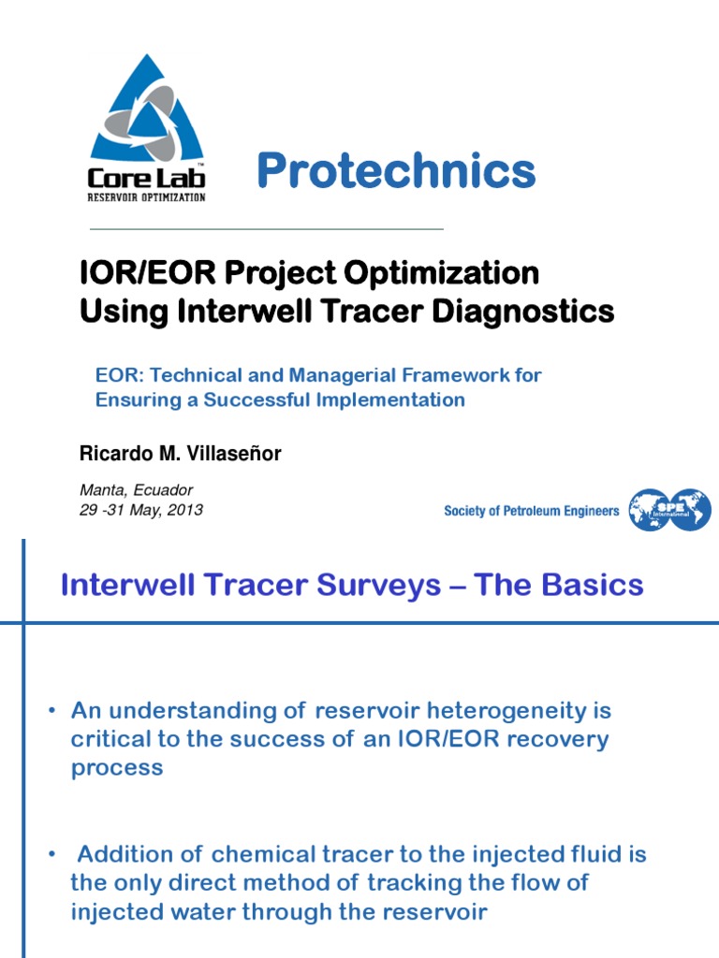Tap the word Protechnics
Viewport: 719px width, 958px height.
395,171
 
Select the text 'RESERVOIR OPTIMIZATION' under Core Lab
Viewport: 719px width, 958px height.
146,196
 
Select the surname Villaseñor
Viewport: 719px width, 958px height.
235,454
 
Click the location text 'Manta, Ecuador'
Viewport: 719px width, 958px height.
136,490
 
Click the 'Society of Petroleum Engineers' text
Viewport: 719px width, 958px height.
531,511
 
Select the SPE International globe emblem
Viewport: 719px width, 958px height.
669,510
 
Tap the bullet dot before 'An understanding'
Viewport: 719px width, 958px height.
53,712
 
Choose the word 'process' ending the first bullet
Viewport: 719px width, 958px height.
117,768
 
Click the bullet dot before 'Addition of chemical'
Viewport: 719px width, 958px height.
53,855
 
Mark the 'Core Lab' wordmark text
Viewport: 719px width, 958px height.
146,177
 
